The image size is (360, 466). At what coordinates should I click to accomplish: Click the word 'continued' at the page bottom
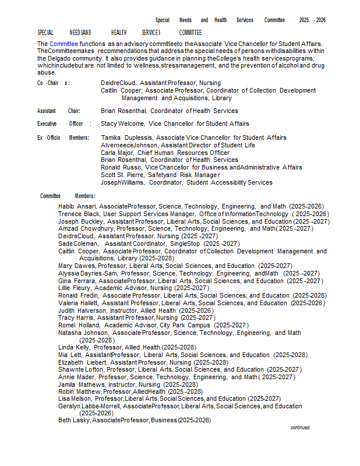[300, 428]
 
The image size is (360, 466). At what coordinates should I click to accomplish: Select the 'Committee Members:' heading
[68, 196]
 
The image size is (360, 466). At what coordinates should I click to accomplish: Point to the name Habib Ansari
[77, 206]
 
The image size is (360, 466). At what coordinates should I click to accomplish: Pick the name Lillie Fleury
[75, 288]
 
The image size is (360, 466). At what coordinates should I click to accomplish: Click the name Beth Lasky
[73, 420]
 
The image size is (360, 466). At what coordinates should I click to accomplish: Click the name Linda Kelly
[74, 347]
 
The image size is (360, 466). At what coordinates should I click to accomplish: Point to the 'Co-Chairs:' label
[53, 83]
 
